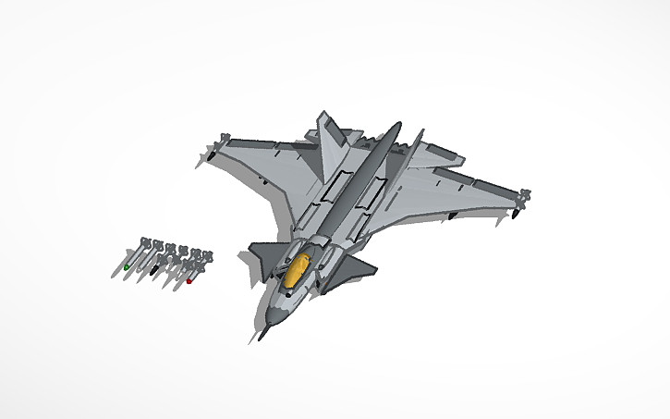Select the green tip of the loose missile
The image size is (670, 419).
tap(127, 267)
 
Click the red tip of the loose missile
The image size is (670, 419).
tap(189, 281)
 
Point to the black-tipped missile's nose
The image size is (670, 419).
tap(154, 273)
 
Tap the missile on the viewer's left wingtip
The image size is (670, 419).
tap(212, 153)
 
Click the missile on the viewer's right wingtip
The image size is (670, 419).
tap(520, 204)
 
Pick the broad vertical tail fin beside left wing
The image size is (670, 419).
tap(330, 143)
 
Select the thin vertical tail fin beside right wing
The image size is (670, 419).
tap(414, 148)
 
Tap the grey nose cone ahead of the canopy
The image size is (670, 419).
tap(275, 310)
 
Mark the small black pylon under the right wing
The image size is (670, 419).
tap(450, 216)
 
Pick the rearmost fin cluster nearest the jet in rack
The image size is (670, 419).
tap(206, 255)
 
